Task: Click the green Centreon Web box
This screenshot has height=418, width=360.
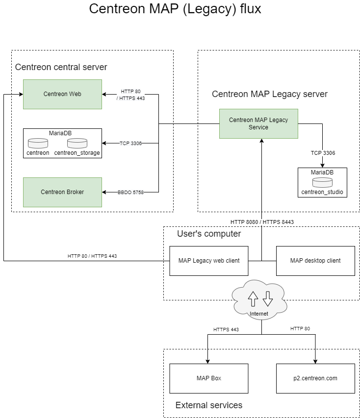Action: [x=62, y=94]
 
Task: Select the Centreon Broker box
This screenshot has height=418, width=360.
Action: [x=62, y=192]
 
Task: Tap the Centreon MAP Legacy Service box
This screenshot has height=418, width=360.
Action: [x=258, y=123]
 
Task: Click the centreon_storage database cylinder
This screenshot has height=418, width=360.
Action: [x=77, y=144]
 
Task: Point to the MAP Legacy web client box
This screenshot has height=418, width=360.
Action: [x=209, y=261]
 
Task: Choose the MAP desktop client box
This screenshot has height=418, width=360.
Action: [x=315, y=261]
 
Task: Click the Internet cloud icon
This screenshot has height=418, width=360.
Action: [x=260, y=299]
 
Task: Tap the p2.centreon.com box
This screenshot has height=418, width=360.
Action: [x=315, y=378]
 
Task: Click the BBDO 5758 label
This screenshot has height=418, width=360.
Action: [x=130, y=193]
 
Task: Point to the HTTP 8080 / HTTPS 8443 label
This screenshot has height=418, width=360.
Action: [x=262, y=222]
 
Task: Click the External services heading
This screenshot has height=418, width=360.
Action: [x=209, y=405]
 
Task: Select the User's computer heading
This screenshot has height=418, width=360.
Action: [x=209, y=234]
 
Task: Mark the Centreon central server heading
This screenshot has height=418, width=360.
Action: [x=61, y=67]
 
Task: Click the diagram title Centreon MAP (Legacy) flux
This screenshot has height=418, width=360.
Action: [x=175, y=9]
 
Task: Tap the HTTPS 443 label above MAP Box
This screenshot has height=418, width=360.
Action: [x=226, y=330]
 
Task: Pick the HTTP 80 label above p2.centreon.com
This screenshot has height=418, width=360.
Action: [x=300, y=329]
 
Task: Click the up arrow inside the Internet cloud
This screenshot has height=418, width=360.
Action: [x=253, y=297]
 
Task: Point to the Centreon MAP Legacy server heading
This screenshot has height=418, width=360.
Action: [x=270, y=94]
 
